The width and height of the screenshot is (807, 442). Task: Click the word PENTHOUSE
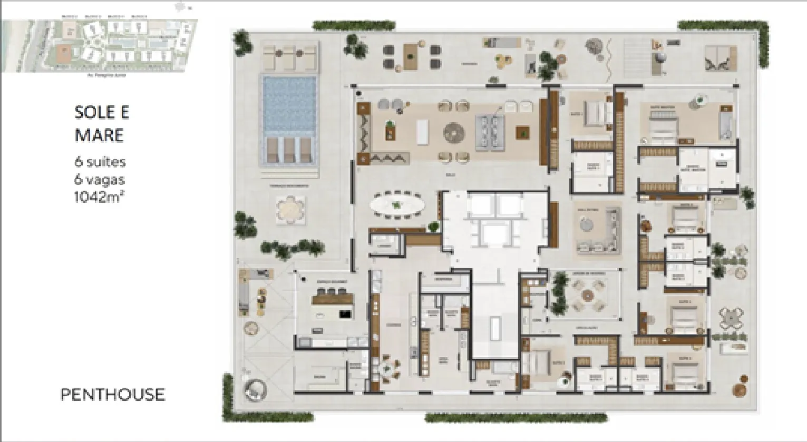[x=113, y=395]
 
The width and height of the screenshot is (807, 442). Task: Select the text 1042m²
[x=100, y=197]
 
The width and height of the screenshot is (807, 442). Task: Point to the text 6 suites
[x=100, y=162]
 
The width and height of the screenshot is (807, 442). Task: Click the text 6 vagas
[x=100, y=179]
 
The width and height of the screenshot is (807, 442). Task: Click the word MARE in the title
[x=99, y=135]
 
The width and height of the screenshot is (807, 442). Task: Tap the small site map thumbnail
[x=100, y=45]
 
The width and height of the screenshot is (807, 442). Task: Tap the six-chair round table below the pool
[x=289, y=211]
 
